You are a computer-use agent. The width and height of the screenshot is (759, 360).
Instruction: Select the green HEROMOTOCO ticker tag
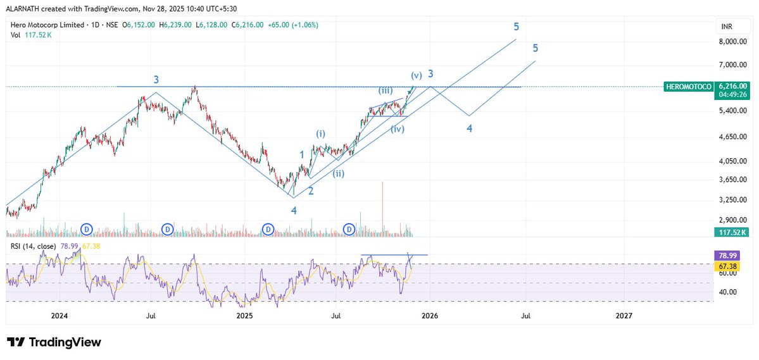click(689, 86)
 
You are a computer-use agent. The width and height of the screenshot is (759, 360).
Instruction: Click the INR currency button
click(726, 27)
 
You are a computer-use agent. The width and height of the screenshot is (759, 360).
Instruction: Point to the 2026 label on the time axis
click(429, 315)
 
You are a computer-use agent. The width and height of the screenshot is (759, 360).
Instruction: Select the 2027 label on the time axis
click(624, 315)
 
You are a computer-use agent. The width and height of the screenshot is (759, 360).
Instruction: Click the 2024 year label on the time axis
click(59, 315)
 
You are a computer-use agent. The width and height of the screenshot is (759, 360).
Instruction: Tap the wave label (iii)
click(388, 90)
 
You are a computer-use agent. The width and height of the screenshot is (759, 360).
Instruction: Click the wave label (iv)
click(398, 129)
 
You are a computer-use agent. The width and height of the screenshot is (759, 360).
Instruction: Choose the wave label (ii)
click(340, 173)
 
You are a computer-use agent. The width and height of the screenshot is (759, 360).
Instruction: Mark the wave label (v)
click(417, 75)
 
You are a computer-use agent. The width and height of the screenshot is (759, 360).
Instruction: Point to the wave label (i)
click(321, 134)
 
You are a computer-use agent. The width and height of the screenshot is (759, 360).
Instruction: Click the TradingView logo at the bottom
click(54, 342)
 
